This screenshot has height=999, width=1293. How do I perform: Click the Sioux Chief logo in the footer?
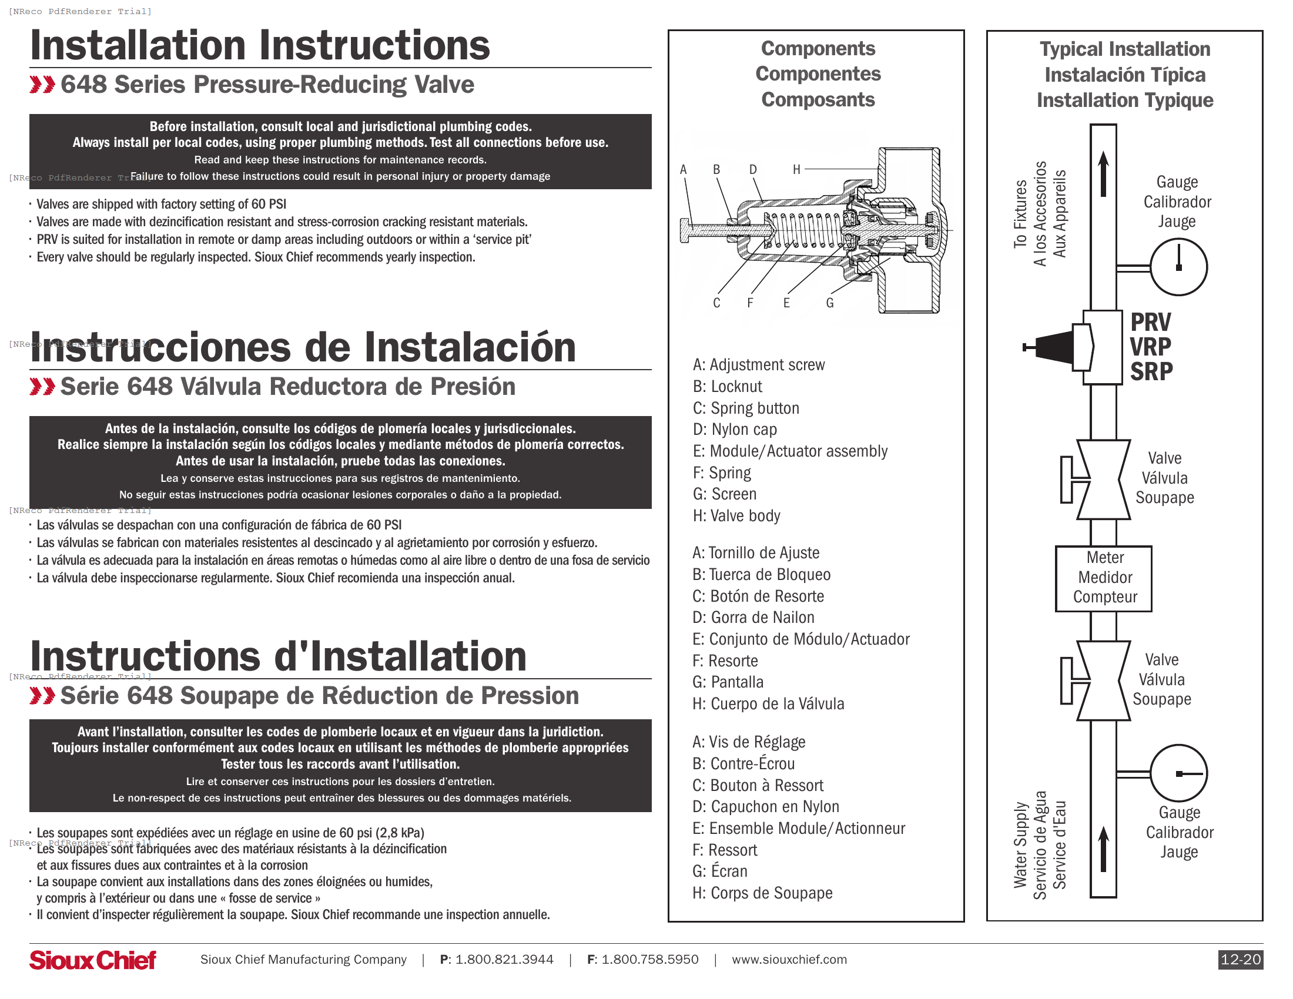click(x=93, y=960)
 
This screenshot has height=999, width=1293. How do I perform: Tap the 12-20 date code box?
click(x=1240, y=960)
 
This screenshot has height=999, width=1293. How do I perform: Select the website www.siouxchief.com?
click(x=789, y=960)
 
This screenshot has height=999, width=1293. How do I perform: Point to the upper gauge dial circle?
click(x=1178, y=267)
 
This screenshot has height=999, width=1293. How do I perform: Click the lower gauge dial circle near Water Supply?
click(x=1178, y=773)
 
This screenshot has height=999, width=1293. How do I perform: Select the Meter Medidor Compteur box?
click(x=1104, y=578)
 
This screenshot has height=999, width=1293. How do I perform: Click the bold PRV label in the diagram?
click(x=1150, y=323)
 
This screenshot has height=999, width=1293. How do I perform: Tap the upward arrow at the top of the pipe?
click(x=1103, y=173)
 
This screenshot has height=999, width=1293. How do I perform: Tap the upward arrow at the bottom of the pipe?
click(x=1103, y=849)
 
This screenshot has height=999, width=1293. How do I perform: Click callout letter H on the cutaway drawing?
click(x=796, y=170)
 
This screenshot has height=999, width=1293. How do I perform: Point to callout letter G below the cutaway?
click(x=830, y=303)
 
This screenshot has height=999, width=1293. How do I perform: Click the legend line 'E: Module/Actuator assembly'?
click(x=790, y=451)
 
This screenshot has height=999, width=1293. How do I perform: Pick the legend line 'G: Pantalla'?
click(x=728, y=682)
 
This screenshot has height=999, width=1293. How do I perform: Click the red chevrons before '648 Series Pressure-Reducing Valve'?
click(x=42, y=85)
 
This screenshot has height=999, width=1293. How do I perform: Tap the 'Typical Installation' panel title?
click(x=1124, y=49)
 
